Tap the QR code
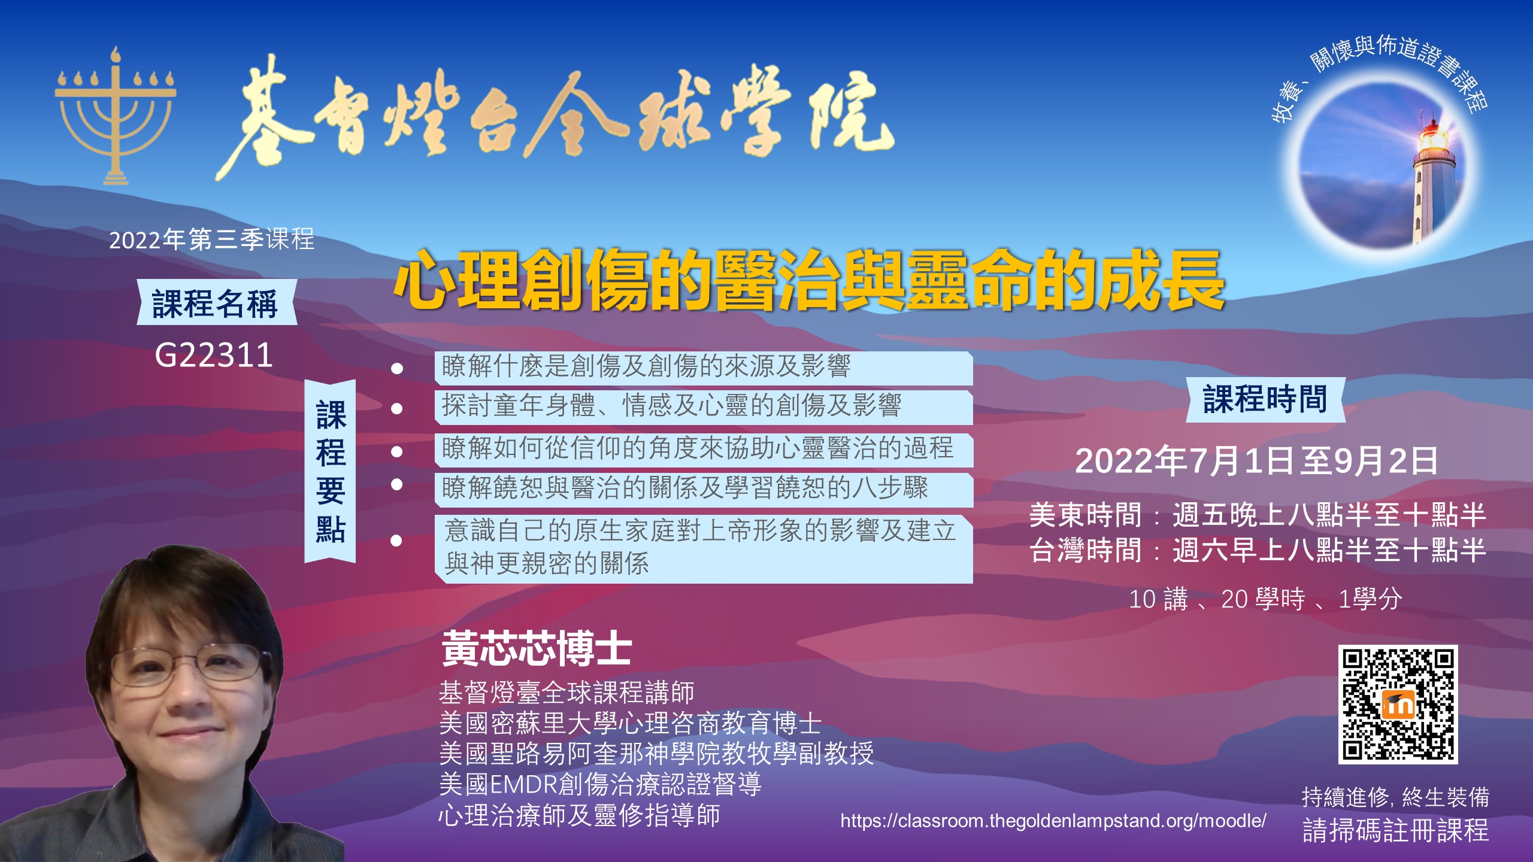[1398, 704]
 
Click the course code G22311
[214, 355]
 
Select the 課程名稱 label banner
[216, 302]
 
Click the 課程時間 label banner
[1265, 399]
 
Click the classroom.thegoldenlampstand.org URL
[1053, 821]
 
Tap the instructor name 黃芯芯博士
[537, 648]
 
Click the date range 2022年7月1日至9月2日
[1256, 461]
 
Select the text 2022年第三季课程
[211, 240]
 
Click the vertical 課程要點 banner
[331, 471]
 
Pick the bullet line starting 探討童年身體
[671, 406]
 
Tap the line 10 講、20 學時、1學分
[1265, 599]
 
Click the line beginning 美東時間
[1258, 515]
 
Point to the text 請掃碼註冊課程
[1396, 830]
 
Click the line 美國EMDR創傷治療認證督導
[600, 784]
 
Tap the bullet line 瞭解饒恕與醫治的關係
[684, 488]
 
